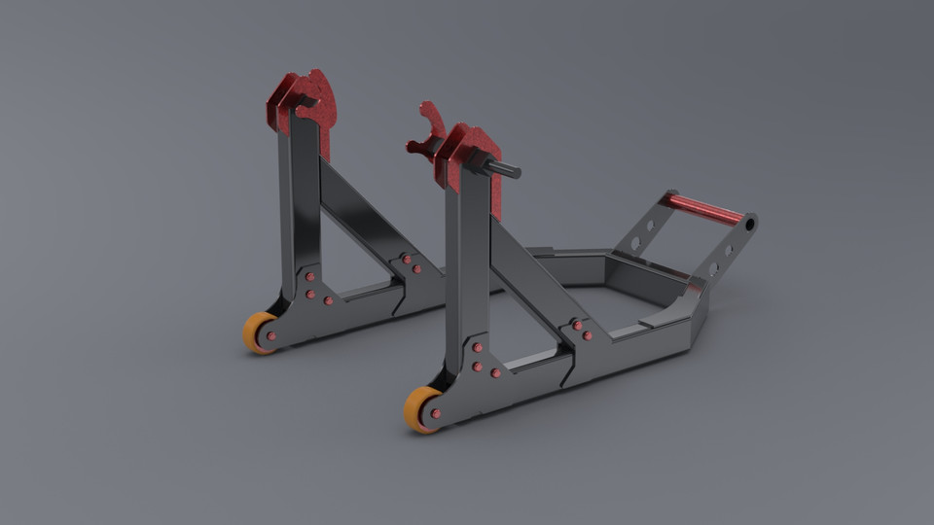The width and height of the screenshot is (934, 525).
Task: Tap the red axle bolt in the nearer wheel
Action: click(x=435, y=413)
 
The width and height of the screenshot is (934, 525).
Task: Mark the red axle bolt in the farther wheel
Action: click(x=270, y=336)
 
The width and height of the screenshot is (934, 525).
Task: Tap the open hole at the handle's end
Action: click(x=749, y=225)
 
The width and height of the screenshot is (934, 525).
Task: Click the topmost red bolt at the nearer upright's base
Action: click(x=478, y=347)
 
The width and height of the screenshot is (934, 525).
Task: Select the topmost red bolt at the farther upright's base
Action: click(x=310, y=280)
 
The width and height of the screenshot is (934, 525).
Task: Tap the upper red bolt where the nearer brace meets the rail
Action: click(x=578, y=325)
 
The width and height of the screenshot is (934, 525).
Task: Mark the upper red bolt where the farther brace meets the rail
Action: click(x=406, y=260)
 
